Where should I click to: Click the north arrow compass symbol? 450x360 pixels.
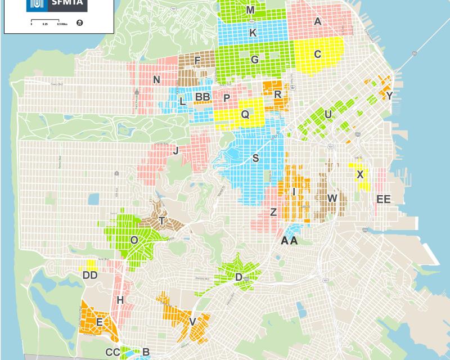(x=79, y=23)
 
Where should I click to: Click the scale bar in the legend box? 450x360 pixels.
(x=45, y=24)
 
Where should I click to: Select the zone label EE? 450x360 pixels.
(x=383, y=199)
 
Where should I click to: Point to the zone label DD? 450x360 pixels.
(x=90, y=275)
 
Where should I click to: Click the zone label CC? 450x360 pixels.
(x=112, y=353)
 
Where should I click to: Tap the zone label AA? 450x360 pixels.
(x=289, y=241)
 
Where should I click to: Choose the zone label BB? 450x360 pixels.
(x=202, y=97)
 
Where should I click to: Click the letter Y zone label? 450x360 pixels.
(x=389, y=96)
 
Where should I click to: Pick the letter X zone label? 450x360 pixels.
(x=359, y=174)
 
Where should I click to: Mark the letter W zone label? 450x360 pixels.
(x=332, y=198)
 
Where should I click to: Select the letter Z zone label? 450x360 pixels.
(x=273, y=212)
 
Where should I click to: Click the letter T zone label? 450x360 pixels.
(x=162, y=221)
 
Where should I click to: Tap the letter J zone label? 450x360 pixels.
(x=176, y=150)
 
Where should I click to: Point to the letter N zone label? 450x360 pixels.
(x=156, y=80)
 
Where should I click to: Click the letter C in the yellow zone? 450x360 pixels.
(x=317, y=54)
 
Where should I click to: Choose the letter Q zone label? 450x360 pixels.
(x=245, y=114)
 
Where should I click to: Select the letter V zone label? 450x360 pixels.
(x=192, y=322)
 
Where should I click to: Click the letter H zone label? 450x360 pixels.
(x=120, y=300)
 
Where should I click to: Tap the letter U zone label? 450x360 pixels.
(x=328, y=114)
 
